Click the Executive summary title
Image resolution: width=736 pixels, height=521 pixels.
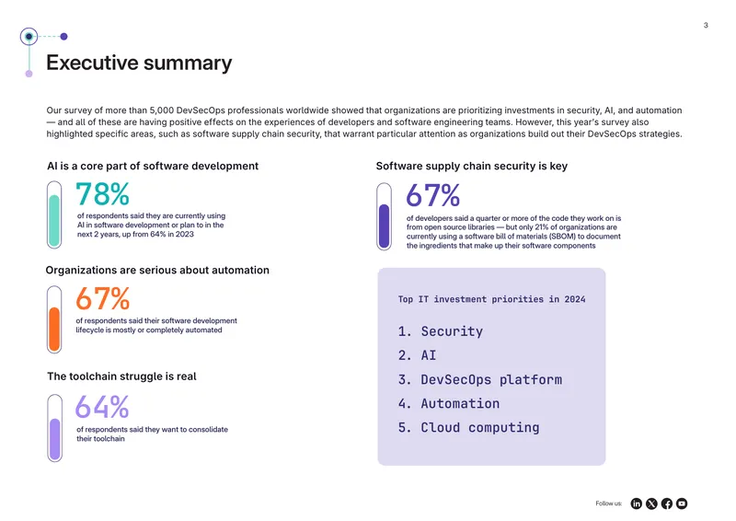pos(139,63)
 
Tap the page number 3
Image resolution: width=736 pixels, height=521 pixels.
pos(706,26)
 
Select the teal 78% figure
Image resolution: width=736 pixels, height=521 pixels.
pos(102,194)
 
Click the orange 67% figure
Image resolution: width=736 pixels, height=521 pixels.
pos(102,299)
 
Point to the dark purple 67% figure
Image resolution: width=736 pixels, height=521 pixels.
pos(432,195)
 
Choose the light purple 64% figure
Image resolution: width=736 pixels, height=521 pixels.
pos(102,407)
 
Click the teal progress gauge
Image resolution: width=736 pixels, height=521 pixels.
pos(54,214)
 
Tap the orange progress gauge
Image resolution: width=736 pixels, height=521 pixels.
pos(54,319)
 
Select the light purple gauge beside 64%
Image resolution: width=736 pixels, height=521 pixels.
pos(54,428)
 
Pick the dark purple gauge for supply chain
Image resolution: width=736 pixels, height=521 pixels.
pos(384,216)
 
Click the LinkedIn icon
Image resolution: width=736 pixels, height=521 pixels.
pos(636,504)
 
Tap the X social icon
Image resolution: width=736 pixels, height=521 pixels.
pos(651,504)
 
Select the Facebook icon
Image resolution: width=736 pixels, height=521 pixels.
pos(666,504)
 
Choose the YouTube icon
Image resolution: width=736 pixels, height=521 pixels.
pos(682,504)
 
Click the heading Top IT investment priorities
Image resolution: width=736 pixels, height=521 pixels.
pos(491,299)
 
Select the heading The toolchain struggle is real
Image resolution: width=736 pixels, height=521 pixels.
pos(121,376)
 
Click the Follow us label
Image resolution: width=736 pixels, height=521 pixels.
pos(608,504)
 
